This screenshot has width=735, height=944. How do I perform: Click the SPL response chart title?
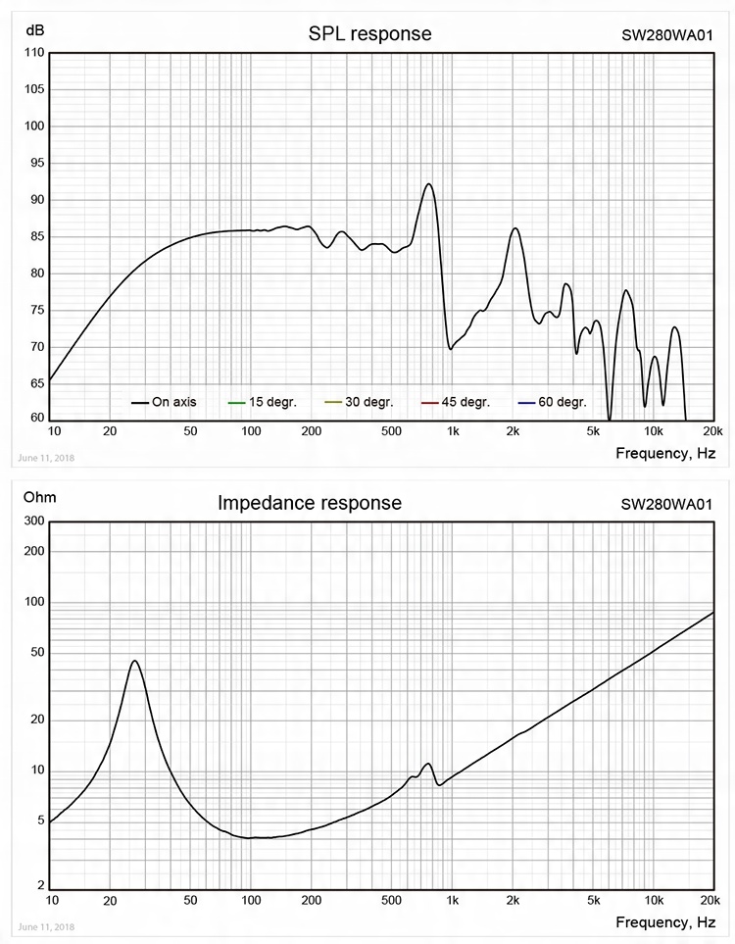coord(369,34)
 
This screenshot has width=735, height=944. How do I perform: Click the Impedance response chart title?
coord(310,503)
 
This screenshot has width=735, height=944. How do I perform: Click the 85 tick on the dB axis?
coord(34,236)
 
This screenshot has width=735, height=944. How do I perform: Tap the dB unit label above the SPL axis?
coord(35,31)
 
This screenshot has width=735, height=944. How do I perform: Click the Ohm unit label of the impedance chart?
coord(39,498)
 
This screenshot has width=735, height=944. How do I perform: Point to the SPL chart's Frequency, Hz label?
coord(665,453)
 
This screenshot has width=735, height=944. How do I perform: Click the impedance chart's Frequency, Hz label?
coord(665,922)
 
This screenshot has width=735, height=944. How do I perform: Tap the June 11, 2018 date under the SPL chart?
coord(45,458)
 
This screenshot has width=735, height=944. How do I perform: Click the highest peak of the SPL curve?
coord(428,184)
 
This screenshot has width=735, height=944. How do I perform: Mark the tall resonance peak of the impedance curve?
coord(135,661)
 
